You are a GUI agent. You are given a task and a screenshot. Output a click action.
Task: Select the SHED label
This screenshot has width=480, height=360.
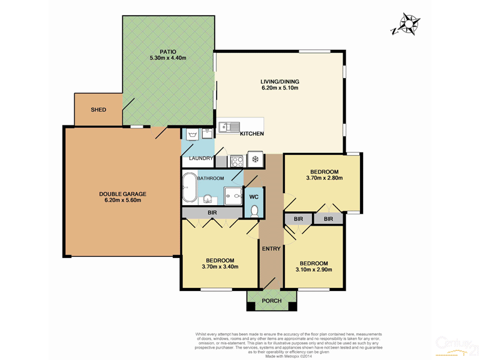(98, 110)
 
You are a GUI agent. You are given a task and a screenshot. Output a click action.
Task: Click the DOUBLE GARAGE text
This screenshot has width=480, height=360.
(122, 194)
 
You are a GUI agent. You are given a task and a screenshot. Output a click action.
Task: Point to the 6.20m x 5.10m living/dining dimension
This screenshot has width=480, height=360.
(280, 88)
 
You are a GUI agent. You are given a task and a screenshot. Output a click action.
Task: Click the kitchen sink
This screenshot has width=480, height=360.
(229, 127)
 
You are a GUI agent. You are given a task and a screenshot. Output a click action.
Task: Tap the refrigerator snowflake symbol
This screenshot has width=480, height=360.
(255, 160)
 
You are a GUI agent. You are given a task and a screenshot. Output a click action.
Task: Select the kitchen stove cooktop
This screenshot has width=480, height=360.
(236, 160)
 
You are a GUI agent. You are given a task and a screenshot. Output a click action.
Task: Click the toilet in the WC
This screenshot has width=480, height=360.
(254, 211)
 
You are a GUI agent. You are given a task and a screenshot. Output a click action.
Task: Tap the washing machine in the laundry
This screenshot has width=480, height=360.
(193, 134)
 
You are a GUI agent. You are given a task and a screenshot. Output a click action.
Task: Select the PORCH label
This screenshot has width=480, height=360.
(272, 301)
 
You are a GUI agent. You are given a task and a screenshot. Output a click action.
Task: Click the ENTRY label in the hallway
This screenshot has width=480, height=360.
(271, 248)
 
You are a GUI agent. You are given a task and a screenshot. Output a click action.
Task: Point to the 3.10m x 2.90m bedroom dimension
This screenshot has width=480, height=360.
(314, 270)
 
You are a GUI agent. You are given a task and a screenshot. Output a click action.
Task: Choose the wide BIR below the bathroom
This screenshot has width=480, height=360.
(212, 213)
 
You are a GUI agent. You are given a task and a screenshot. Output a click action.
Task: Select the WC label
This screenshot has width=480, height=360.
(254, 197)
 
